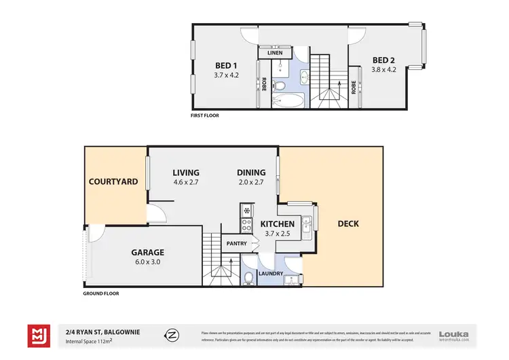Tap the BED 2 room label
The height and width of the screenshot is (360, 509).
pyautogui.click(x=383, y=59)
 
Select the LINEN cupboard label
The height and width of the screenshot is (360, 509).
pyautogui.click(x=276, y=52)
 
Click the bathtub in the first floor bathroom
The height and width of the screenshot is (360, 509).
pyautogui.click(x=288, y=102)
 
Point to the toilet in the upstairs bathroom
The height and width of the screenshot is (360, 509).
pyautogui.click(x=280, y=86)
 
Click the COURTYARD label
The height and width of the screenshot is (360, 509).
pyautogui.click(x=113, y=182)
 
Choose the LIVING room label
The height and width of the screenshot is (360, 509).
pyautogui.click(x=186, y=173)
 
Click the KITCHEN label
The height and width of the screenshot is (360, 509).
pyautogui.click(x=277, y=223)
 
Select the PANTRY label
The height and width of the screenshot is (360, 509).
pyautogui.click(x=236, y=242)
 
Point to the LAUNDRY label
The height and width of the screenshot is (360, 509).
pyautogui.click(x=270, y=274)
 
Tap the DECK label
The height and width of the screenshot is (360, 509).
pyautogui.click(x=348, y=223)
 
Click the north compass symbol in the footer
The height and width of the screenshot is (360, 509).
pyautogui.click(x=172, y=335)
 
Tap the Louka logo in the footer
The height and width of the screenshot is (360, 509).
pyautogui.click(x=454, y=335)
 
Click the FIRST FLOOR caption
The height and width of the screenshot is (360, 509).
pyautogui.click(x=205, y=115)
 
